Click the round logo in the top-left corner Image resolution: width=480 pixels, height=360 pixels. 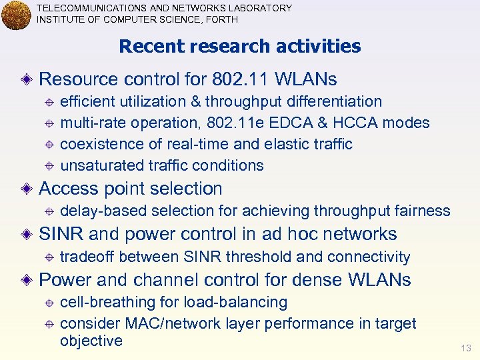tap(16, 15)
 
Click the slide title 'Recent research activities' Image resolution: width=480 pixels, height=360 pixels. tap(239, 47)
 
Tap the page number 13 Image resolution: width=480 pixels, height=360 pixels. tap(465, 348)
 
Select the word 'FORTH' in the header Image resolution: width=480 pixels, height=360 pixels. tap(220, 19)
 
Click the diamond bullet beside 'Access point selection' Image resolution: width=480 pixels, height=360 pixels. tap(25, 189)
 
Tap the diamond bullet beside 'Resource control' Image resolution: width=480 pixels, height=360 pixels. tap(25, 80)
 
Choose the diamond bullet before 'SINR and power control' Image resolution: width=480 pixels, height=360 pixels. tap(25, 235)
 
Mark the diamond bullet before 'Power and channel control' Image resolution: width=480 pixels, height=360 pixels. tap(25, 280)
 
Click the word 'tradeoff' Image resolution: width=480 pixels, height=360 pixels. tap(87, 257)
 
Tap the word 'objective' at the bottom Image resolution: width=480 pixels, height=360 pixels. tap(91, 341)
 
